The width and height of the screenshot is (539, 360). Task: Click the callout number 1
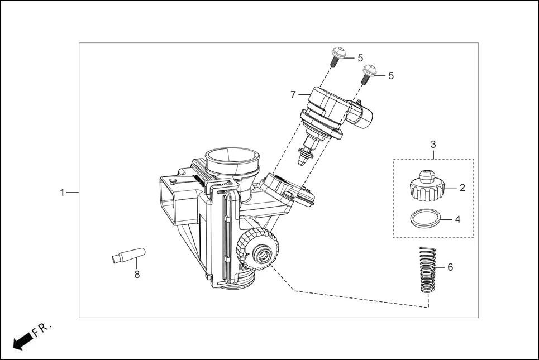click(63, 193)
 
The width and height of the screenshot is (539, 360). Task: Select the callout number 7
click(293, 95)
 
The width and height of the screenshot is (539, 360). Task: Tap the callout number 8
click(136, 274)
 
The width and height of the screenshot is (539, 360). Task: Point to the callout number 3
click(433, 145)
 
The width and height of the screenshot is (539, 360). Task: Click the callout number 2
click(462, 188)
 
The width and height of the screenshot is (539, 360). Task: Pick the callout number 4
click(457, 219)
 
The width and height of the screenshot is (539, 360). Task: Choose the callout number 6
click(450, 267)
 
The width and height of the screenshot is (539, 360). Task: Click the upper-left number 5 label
click(360, 57)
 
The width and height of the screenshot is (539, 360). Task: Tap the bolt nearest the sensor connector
click(368, 73)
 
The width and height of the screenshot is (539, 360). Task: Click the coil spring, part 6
click(427, 269)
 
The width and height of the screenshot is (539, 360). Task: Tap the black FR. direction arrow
click(21, 340)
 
